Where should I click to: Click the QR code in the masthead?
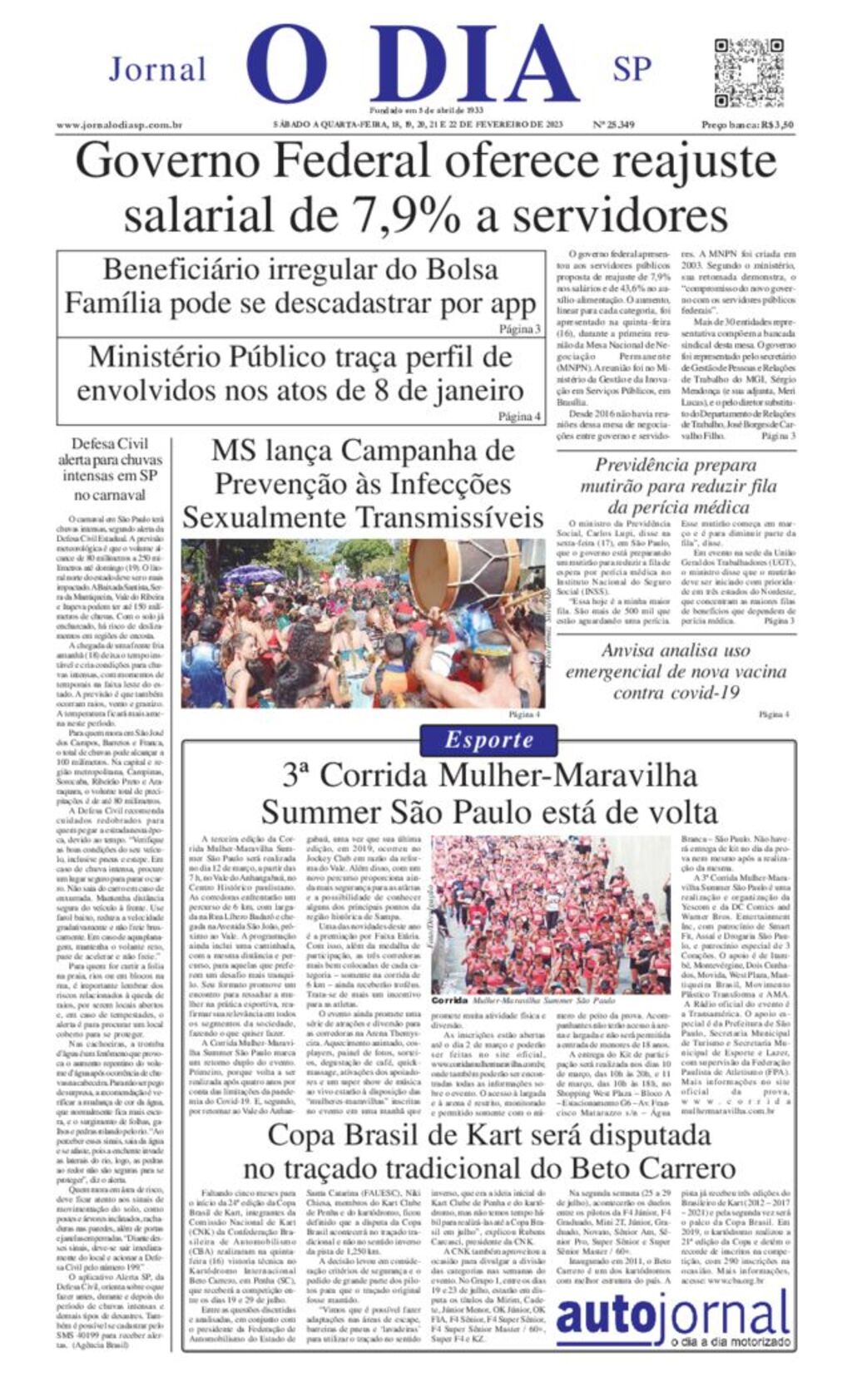(x=749, y=72)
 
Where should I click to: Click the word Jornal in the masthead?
(x=157, y=70)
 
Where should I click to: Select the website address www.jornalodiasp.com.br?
(x=119, y=125)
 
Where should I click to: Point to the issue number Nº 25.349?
(x=612, y=125)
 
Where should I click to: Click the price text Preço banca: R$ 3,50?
(x=746, y=125)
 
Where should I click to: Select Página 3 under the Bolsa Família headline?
(x=519, y=329)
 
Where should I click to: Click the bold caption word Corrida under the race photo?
(x=449, y=1001)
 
